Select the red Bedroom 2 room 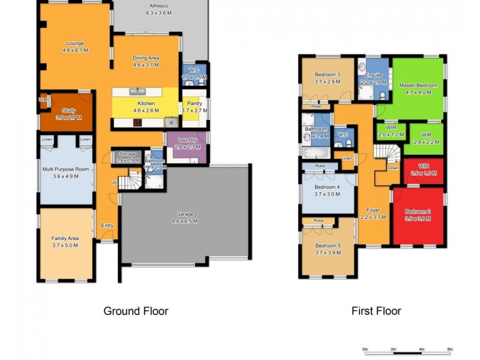point(418,216)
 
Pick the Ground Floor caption point(136,311)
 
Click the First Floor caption point(376,311)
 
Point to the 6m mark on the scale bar point(450,349)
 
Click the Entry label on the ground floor point(107,226)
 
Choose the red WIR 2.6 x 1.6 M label point(424,169)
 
